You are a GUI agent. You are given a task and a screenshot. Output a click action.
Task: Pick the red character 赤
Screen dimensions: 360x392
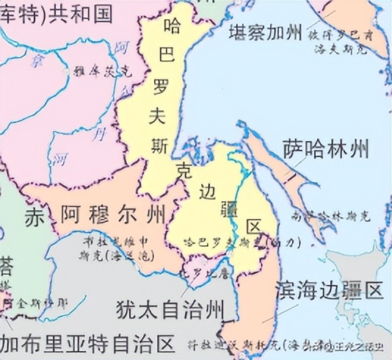(35, 217)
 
